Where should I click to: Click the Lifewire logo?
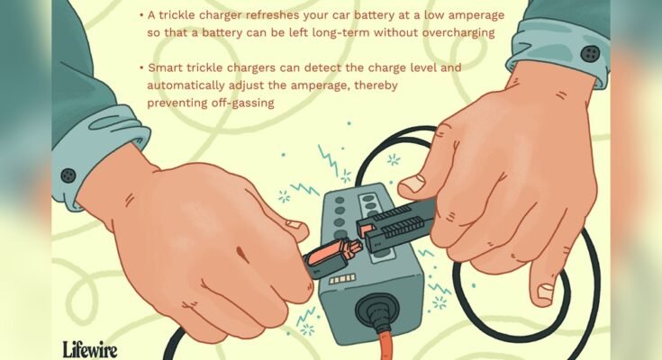(89, 347)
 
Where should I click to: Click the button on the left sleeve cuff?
(68, 175)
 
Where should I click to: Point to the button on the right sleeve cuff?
(590, 51)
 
